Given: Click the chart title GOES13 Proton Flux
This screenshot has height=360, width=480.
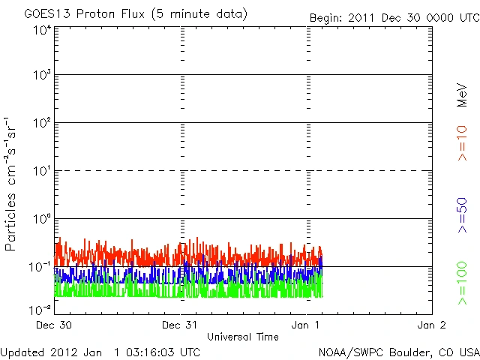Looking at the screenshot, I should [x=135, y=14].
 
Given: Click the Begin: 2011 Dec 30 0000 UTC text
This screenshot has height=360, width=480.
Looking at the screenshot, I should [x=393, y=17].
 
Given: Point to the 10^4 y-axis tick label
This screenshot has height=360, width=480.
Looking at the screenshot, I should [x=42, y=29].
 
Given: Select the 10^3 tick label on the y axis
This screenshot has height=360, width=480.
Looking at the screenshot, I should [x=42, y=75].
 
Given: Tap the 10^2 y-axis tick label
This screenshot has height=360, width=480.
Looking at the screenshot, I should [x=42, y=123].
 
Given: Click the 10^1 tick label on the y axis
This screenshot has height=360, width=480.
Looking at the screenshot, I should [x=42, y=171].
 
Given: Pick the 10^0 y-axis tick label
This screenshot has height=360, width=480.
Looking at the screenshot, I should [x=42, y=219].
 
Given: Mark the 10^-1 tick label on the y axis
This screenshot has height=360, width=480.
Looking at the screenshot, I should [x=41, y=267].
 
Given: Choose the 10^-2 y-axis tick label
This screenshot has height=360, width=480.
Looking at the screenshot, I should [x=41, y=309].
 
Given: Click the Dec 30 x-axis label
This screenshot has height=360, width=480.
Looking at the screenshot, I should [x=54, y=325].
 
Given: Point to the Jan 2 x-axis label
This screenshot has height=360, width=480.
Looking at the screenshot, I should [x=432, y=325].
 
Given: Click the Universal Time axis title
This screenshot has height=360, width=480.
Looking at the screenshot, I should [x=243, y=337].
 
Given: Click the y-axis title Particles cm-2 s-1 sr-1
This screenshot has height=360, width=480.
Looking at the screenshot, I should [x=11, y=184].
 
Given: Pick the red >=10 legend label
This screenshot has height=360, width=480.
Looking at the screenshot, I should [x=463, y=142].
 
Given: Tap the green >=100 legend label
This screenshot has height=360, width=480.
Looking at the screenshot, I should [x=463, y=283].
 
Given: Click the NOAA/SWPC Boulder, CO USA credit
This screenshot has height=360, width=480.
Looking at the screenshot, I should [x=398, y=351].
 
